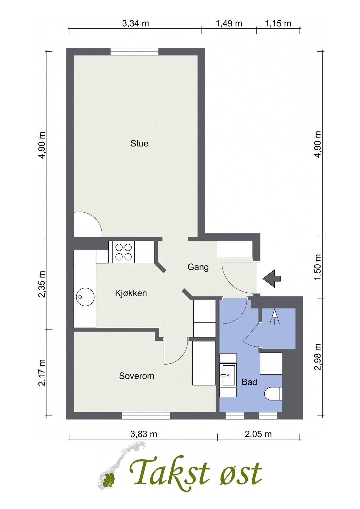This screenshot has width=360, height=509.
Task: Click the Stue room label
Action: click(139, 143)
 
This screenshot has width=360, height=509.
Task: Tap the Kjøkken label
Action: click(131, 293)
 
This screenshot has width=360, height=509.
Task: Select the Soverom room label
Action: click(136, 376)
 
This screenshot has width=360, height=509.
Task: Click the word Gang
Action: click(198, 267)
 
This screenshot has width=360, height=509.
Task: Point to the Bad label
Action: click(249, 382)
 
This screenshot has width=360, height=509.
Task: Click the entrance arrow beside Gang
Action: click(272, 279)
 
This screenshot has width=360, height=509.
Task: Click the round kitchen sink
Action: click(85, 297)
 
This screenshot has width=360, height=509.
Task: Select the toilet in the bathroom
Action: click(273, 394)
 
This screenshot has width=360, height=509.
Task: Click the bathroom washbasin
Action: click(228, 375)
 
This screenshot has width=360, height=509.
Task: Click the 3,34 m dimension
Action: click(135, 23)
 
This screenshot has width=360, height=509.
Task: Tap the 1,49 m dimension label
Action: click(229, 23)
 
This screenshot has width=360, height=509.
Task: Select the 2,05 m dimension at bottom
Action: click(258, 434)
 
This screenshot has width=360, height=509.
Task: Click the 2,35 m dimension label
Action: click(42, 284)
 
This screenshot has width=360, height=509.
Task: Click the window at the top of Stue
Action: click(134, 51)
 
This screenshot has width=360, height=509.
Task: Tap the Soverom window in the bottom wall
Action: click(146, 415)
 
